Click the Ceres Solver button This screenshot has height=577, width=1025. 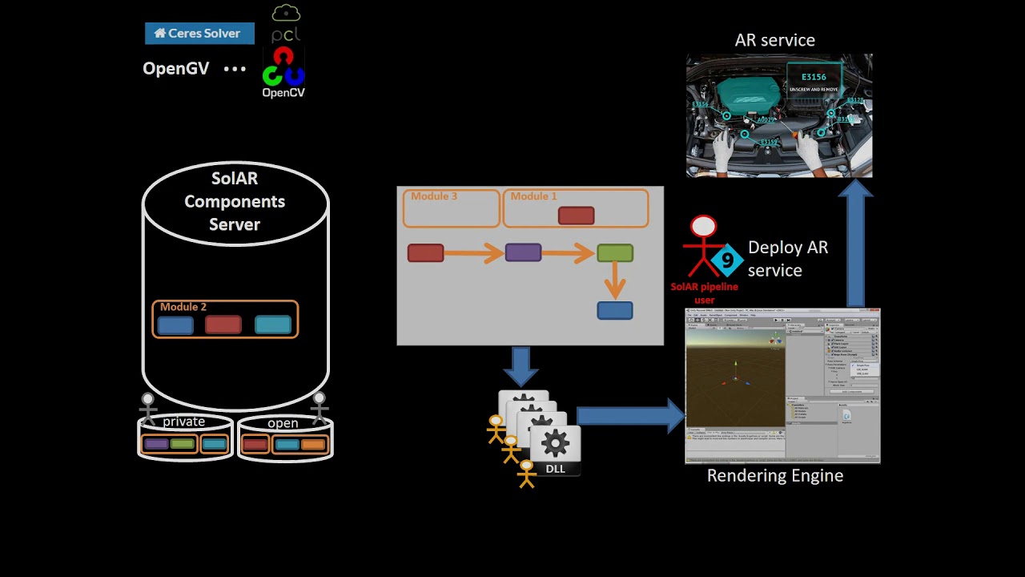199,34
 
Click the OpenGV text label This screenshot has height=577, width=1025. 175,69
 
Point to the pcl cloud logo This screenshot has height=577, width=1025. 286,24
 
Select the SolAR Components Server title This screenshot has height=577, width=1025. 235,201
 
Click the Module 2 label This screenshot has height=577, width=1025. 183,307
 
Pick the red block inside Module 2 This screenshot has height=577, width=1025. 223,325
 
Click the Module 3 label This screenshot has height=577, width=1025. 434,196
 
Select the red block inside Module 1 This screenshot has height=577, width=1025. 576,216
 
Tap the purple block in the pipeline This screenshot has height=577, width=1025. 523,253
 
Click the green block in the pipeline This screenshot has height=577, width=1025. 615,253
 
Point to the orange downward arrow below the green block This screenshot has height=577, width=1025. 615,280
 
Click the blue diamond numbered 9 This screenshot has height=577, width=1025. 727,260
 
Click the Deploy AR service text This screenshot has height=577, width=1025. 787,259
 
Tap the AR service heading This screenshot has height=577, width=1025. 774,40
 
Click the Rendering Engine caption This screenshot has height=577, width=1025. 774,476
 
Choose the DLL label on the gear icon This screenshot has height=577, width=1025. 555,469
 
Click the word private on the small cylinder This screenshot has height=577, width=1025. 184,422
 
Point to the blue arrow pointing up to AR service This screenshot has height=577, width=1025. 855,244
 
